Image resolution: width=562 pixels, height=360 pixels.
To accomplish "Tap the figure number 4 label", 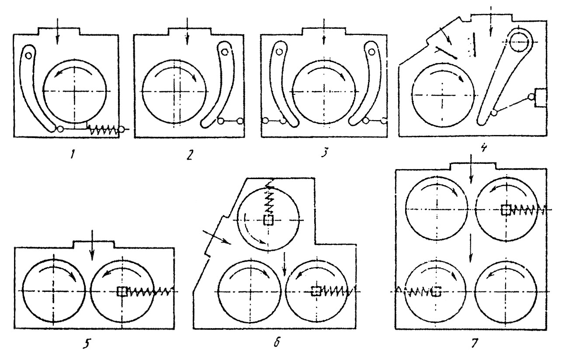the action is tap(483, 148).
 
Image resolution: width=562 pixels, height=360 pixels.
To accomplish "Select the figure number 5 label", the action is tap(87, 344).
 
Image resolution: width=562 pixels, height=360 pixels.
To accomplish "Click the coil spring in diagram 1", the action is tap(103, 130).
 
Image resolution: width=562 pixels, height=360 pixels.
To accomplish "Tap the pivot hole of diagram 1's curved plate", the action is tap(28, 55).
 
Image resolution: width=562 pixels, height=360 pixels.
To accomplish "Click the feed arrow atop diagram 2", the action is tap(187, 31).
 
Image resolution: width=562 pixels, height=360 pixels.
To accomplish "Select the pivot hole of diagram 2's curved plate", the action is tap(225, 52).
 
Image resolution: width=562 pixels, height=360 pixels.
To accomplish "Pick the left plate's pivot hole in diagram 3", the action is tap(279, 52).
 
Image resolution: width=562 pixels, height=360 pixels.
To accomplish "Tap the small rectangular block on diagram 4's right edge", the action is tap(541, 98).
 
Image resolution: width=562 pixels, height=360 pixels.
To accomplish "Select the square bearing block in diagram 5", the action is tap(121, 291).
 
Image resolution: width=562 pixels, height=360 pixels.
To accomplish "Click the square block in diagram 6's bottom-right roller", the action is tap(316, 291).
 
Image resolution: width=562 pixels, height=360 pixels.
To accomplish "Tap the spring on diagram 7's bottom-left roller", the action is tap(414, 291).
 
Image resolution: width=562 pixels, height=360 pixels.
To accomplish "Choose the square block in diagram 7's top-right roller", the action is tap(506, 210).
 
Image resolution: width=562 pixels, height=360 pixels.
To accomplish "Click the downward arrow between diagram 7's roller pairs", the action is tap(471, 248).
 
